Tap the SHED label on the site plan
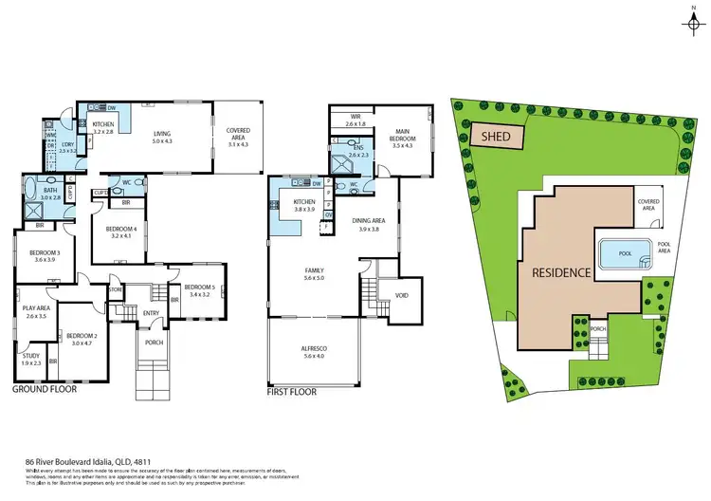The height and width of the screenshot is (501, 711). point(496,137)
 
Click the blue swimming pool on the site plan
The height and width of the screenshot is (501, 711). point(624,253)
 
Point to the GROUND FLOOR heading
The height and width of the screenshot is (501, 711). point(45,389)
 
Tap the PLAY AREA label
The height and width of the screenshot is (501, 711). point(37,310)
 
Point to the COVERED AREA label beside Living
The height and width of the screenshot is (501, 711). point(237,134)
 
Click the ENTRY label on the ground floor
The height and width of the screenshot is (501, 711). point(152,313)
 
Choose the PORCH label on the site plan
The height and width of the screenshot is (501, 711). point(598,329)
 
